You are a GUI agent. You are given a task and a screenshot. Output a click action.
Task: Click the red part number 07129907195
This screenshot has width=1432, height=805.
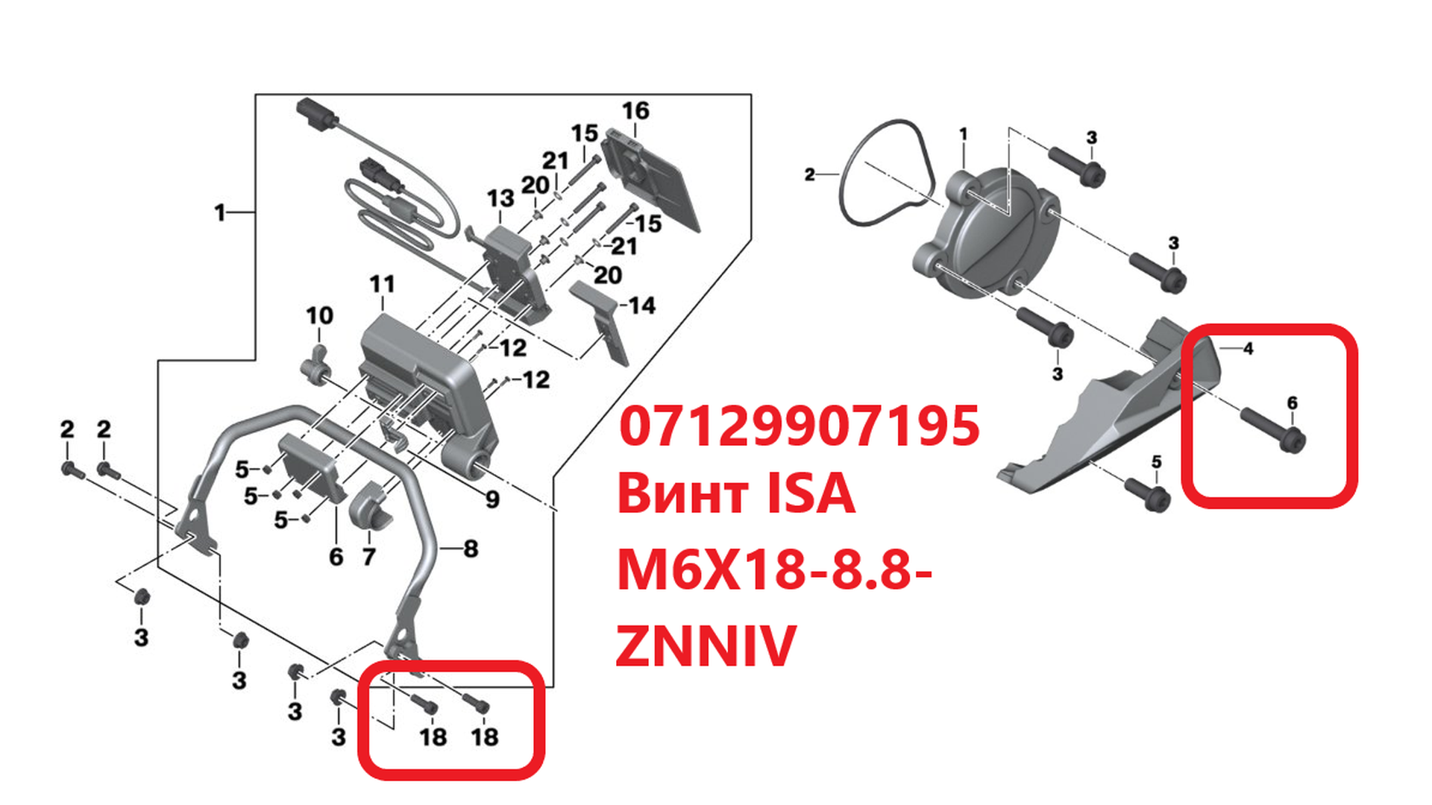pyautogui.click(x=799, y=426)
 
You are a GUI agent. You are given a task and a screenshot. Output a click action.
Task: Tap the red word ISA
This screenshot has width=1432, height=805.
pyautogui.click(x=811, y=494)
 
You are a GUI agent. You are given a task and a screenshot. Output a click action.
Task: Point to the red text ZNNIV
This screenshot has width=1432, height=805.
pyautogui.click(x=706, y=645)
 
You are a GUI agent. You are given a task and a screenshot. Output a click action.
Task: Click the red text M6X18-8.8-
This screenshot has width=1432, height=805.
pyautogui.click(x=775, y=570)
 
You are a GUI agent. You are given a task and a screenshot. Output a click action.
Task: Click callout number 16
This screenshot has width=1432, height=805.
pyautogui.click(x=635, y=111)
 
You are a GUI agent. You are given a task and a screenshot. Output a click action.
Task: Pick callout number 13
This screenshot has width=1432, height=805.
pyautogui.click(x=500, y=198)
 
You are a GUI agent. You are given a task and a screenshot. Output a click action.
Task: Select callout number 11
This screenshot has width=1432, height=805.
pyautogui.click(x=382, y=284)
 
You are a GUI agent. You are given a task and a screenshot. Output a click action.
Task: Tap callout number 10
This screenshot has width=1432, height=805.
pyautogui.click(x=320, y=315)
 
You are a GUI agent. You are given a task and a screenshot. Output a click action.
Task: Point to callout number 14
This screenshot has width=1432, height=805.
pyautogui.click(x=641, y=306)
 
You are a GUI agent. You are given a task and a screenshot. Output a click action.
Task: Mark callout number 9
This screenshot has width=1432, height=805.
pyautogui.click(x=492, y=499)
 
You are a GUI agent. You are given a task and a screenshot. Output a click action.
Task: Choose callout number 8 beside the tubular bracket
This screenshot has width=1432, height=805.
pyautogui.click(x=471, y=549)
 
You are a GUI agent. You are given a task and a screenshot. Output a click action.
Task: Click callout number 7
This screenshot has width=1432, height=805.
pyautogui.click(x=368, y=556)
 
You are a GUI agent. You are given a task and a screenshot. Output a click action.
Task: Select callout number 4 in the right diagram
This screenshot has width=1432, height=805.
pyautogui.click(x=1248, y=348)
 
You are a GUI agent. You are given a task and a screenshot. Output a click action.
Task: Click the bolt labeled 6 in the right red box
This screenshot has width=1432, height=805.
pyautogui.click(x=1272, y=429)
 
